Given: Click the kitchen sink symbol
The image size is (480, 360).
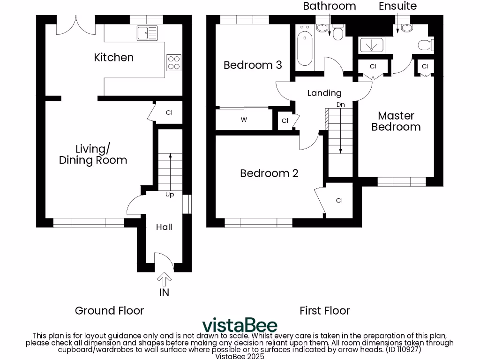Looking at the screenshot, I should (x=147, y=32).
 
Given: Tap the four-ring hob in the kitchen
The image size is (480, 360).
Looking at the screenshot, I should (x=174, y=62).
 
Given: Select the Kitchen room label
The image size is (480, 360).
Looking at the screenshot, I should (x=114, y=57).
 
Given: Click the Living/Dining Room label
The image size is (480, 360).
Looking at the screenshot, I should (x=93, y=155).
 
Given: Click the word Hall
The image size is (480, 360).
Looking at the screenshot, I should (x=164, y=227).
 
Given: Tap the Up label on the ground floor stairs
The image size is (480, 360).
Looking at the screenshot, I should (x=170, y=195).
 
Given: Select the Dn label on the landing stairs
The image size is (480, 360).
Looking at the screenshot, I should (x=341, y=105).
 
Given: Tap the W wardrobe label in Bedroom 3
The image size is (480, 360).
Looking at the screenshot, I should (x=244, y=120).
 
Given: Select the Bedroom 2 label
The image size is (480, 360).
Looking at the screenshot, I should (x=269, y=173).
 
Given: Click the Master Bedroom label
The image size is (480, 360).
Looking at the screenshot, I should (x=396, y=121).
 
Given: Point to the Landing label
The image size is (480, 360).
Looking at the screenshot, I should (x=324, y=93).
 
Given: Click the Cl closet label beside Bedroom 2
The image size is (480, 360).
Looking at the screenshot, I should (x=339, y=200).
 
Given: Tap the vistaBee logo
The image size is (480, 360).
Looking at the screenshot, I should (x=240, y=325).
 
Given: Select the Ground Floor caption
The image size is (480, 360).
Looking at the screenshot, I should (x=109, y=310).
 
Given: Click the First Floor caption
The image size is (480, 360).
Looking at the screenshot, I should (x=324, y=310).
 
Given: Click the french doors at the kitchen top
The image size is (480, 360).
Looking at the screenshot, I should (x=76, y=24).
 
